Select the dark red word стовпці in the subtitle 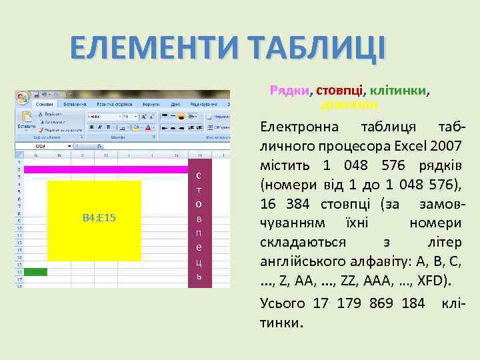(x=339, y=91)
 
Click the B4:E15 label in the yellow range (x=99, y=219)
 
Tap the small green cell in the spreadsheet (x=35, y=272)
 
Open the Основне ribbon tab (x=45, y=105)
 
